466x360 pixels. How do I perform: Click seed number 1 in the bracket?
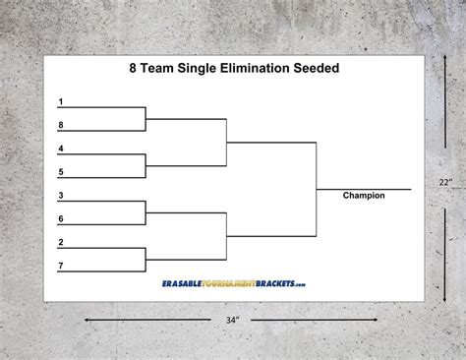click(61, 102)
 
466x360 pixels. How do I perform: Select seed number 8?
click(61, 125)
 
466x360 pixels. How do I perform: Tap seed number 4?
click(61, 149)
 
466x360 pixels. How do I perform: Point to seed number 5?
click(61, 172)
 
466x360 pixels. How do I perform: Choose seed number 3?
click(61, 196)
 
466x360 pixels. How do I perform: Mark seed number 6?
click(61, 218)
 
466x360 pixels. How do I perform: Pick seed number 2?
click(61, 242)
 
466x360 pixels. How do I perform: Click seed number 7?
click(61, 266)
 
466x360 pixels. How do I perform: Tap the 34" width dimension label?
click(231, 319)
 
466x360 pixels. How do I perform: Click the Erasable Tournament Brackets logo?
click(233, 283)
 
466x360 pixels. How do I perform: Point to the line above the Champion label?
click(364, 188)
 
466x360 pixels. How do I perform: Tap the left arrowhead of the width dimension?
click(87, 319)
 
